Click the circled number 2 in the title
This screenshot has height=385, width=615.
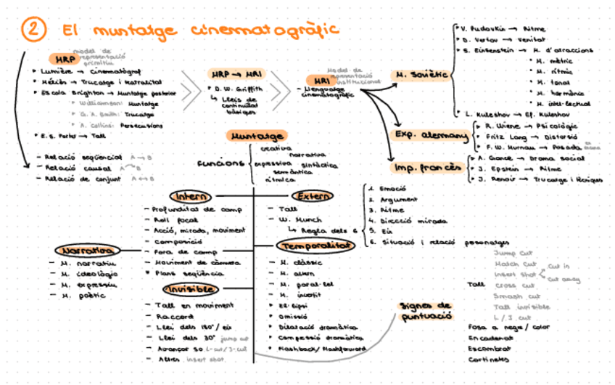click(x=34, y=30)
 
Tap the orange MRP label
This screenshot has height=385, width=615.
click(x=64, y=60)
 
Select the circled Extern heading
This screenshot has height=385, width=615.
click(x=313, y=196)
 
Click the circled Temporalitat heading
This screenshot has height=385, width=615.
click(x=315, y=246)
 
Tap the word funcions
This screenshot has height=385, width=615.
click(x=220, y=163)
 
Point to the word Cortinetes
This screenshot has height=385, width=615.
click(x=489, y=360)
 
